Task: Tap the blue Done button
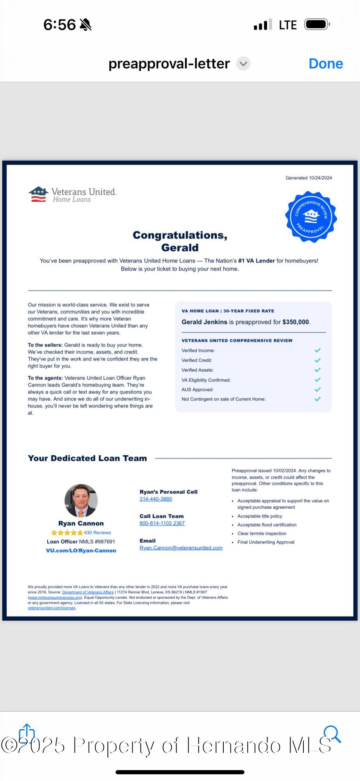pyautogui.click(x=326, y=64)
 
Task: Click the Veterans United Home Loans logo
pyautogui.click(x=73, y=194)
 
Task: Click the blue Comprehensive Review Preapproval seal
pyautogui.click(x=311, y=216)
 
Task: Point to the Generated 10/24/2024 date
pyautogui.click(x=308, y=178)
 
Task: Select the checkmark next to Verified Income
pyautogui.click(x=317, y=350)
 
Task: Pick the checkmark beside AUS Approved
pyautogui.click(x=317, y=389)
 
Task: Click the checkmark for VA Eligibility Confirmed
pyautogui.click(x=317, y=380)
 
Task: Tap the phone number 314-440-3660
pyautogui.click(x=156, y=499)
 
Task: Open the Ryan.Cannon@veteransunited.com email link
pyautogui.click(x=181, y=548)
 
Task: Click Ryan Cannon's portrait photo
pyautogui.click(x=81, y=501)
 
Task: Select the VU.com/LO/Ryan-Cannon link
pyautogui.click(x=81, y=551)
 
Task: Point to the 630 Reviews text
pyautogui.click(x=98, y=533)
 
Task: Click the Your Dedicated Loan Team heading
pyautogui.click(x=87, y=458)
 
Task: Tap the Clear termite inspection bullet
pyautogui.click(x=262, y=533)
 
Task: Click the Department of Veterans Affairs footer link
pyautogui.click(x=88, y=592)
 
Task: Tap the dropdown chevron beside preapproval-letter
pyautogui.click(x=243, y=64)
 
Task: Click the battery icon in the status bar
pyautogui.click(x=317, y=25)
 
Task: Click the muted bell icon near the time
pyautogui.click(x=86, y=25)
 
